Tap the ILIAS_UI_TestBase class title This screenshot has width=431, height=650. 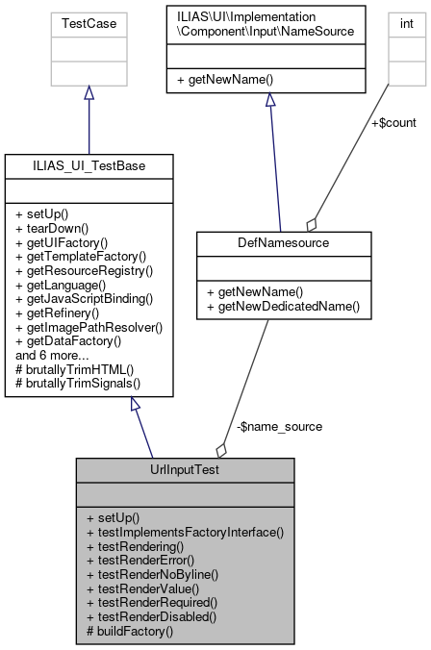[x=89, y=166]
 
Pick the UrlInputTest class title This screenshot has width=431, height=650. [x=185, y=470]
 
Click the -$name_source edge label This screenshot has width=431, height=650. [x=279, y=425]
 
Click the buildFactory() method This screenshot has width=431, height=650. [x=129, y=631]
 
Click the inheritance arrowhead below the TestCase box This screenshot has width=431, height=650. [x=89, y=92]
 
